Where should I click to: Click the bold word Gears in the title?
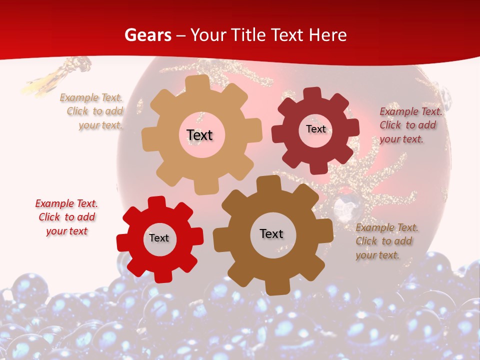pos(147,35)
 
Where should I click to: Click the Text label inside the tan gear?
pos(199,135)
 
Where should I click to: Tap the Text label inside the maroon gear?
pos(315,129)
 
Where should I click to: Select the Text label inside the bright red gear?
pos(159,238)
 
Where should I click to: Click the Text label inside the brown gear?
pos(271,233)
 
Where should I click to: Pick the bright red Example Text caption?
pos(66,217)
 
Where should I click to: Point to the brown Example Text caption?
pos(386,241)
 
